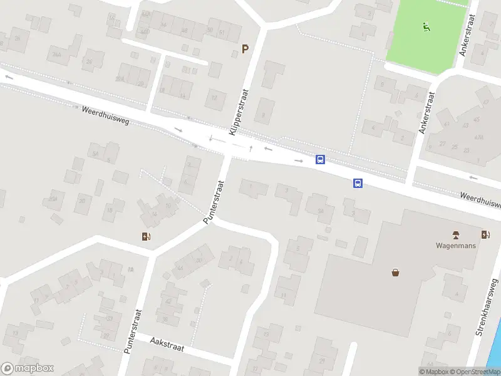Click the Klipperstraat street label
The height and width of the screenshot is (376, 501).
[x=239, y=112]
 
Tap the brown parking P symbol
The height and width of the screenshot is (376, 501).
[x=245, y=49]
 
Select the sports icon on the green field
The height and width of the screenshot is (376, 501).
[x=426, y=26]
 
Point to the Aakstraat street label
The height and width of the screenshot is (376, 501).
[x=167, y=343]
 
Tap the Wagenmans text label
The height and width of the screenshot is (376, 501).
[x=456, y=246]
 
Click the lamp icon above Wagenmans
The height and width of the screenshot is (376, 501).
[x=456, y=235]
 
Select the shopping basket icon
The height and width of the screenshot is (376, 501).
[x=395, y=272]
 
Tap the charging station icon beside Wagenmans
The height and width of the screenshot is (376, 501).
[x=486, y=235]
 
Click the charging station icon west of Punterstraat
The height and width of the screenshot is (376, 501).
[x=147, y=236]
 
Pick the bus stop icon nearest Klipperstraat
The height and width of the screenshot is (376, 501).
[x=320, y=160]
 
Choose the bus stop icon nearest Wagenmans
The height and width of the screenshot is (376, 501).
[x=358, y=183]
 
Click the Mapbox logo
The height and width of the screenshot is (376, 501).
[x=28, y=368]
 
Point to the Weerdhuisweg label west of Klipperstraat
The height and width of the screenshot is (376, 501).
[x=105, y=115]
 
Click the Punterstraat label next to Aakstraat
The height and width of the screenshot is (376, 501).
[x=133, y=332]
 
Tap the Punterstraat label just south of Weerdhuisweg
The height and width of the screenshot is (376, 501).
[x=214, y=202]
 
